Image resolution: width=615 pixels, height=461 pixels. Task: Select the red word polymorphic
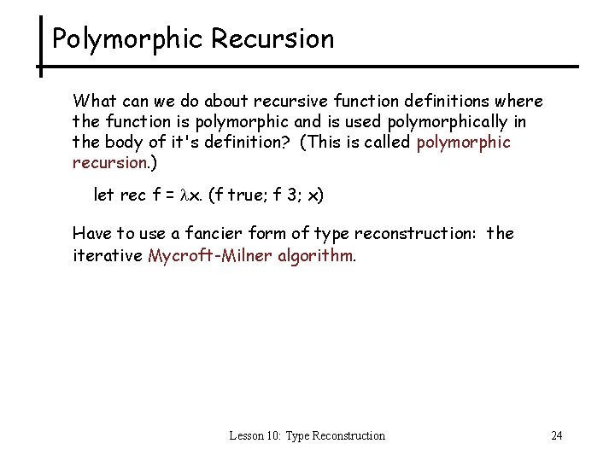[x=464, y=143]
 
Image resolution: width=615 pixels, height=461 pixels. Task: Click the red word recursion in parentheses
[x=109, y=163]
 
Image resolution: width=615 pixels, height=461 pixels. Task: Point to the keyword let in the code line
[x=103, y=195]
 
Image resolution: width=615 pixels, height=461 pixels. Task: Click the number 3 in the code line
[x=290, y=195]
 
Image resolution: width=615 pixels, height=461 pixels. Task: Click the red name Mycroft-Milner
[x=210, y=254]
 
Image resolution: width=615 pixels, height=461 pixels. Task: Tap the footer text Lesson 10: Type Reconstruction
[x=307, y=436]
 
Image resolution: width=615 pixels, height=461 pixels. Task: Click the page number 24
[x=556, y=436]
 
